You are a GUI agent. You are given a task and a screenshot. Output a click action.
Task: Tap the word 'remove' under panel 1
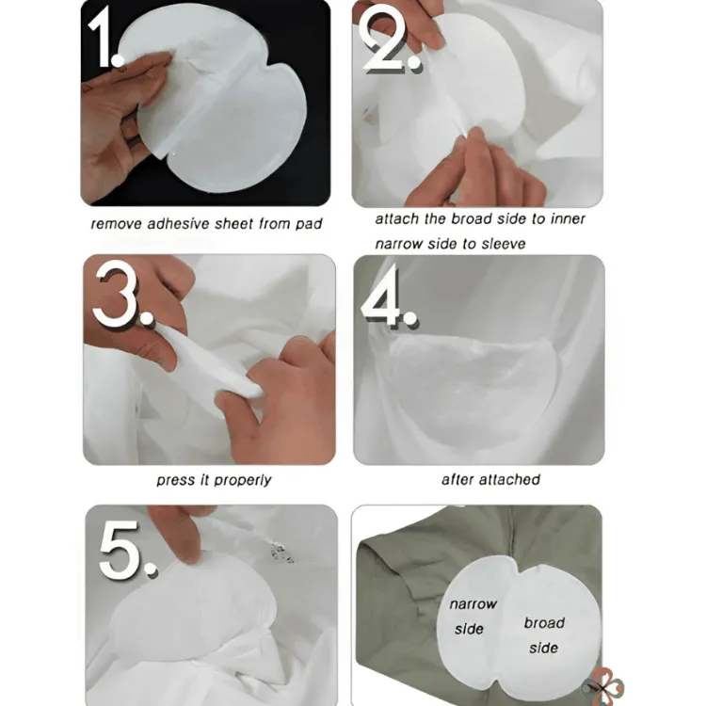coord(117,224)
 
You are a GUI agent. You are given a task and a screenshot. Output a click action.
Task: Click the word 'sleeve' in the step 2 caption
coord(504,244)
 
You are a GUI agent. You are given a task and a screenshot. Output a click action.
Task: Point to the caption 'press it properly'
coord(214,480)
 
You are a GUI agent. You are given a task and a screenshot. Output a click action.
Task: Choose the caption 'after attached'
coord(490,479)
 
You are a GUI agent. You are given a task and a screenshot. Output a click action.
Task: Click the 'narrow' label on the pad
coord(473,603)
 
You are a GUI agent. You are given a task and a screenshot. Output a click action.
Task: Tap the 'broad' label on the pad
coord(544,623)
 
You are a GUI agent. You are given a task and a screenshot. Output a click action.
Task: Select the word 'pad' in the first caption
coord(309,224)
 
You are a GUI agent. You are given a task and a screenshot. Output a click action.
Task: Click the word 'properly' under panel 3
coord(243,481)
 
